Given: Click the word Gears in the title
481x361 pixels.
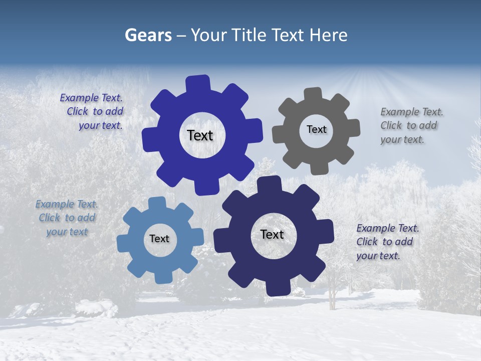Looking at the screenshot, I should pos(148,35).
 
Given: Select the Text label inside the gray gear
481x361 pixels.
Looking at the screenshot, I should pos(316,129).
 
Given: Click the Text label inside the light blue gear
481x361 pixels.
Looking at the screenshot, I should pos(159,239).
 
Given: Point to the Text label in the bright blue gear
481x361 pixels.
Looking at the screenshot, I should pos(200,135).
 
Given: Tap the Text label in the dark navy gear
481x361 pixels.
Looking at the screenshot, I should pos(272,235).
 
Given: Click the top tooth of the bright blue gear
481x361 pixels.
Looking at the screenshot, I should pos(198,83).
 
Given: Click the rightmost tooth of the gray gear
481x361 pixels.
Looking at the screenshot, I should pos(353,128).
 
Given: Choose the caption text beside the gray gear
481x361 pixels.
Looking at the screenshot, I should pos(411,126).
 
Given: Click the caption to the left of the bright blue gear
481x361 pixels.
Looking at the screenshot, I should pos(92,112).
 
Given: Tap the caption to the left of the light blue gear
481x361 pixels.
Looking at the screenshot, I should pos(67,218).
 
